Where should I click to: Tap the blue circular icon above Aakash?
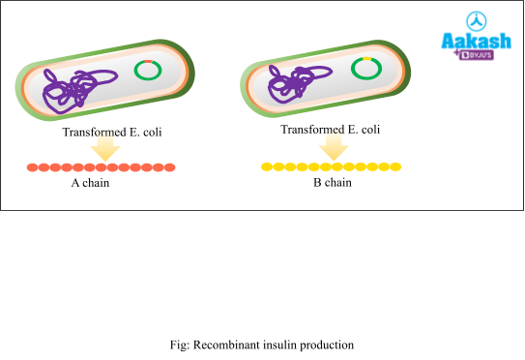click(475, 20)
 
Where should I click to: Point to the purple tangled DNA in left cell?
click(68, 89)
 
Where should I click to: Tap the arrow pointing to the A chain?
click(102, 149)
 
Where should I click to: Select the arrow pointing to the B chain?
click(334, 146)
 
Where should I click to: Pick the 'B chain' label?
click(332, 182)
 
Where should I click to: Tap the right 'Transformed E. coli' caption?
click(331, 129)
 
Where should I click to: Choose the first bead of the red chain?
click(32, 167)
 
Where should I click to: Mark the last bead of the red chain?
click(170, 167)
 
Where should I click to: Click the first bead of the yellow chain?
click(267, 166)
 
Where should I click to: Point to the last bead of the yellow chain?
click(395, 166)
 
